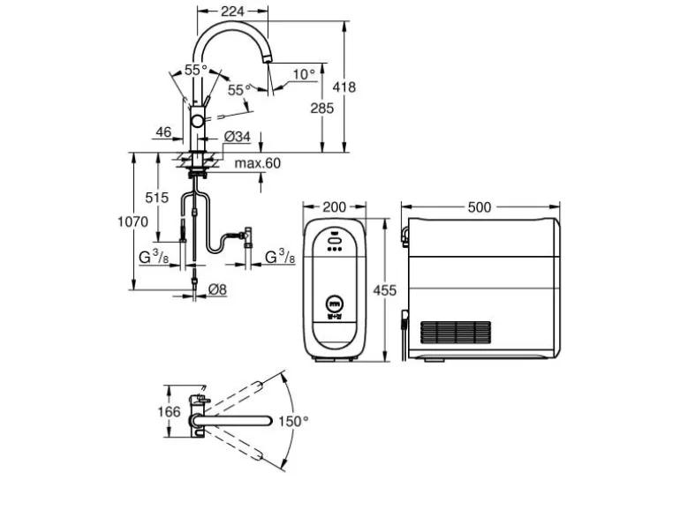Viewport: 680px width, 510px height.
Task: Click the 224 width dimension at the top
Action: tap(232, 11)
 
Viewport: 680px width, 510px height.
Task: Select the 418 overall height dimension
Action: tap(344, 87)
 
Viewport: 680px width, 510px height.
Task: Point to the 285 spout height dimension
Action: tap(321, 108)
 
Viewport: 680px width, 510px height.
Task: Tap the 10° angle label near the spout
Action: tap(304, 74)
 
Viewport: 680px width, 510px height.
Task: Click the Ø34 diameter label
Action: tap(238, 137)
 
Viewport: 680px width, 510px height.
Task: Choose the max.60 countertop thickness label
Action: tap(258, 163)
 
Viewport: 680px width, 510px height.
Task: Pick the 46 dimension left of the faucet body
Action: tap(163, 131)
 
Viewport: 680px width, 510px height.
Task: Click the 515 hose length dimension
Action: tap(156, 198)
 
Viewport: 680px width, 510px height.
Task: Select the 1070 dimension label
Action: tap(132, 221)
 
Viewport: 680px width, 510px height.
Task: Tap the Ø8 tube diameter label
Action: tap(217, 289)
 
